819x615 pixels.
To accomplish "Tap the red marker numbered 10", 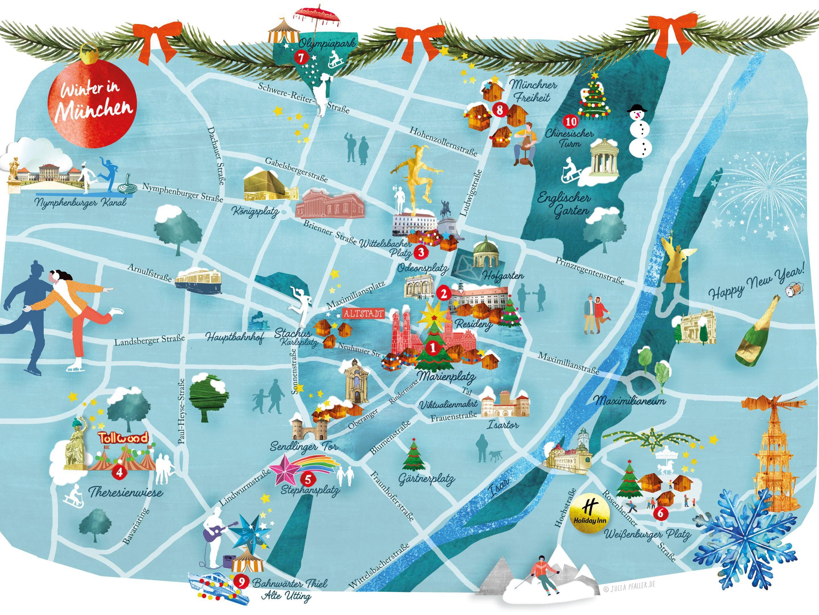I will (570, 121).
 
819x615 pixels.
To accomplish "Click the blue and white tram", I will (198, 281).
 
